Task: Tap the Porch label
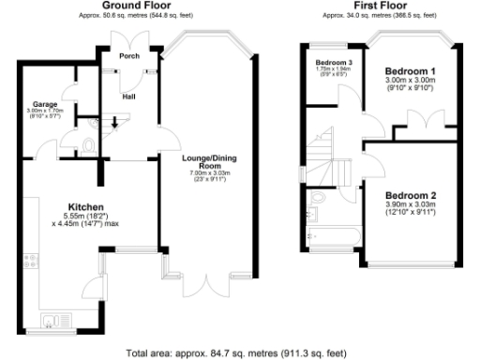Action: point(128,56)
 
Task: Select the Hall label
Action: point(128,95)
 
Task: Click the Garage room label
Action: point(45,103)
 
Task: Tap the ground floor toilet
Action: point(87,145)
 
